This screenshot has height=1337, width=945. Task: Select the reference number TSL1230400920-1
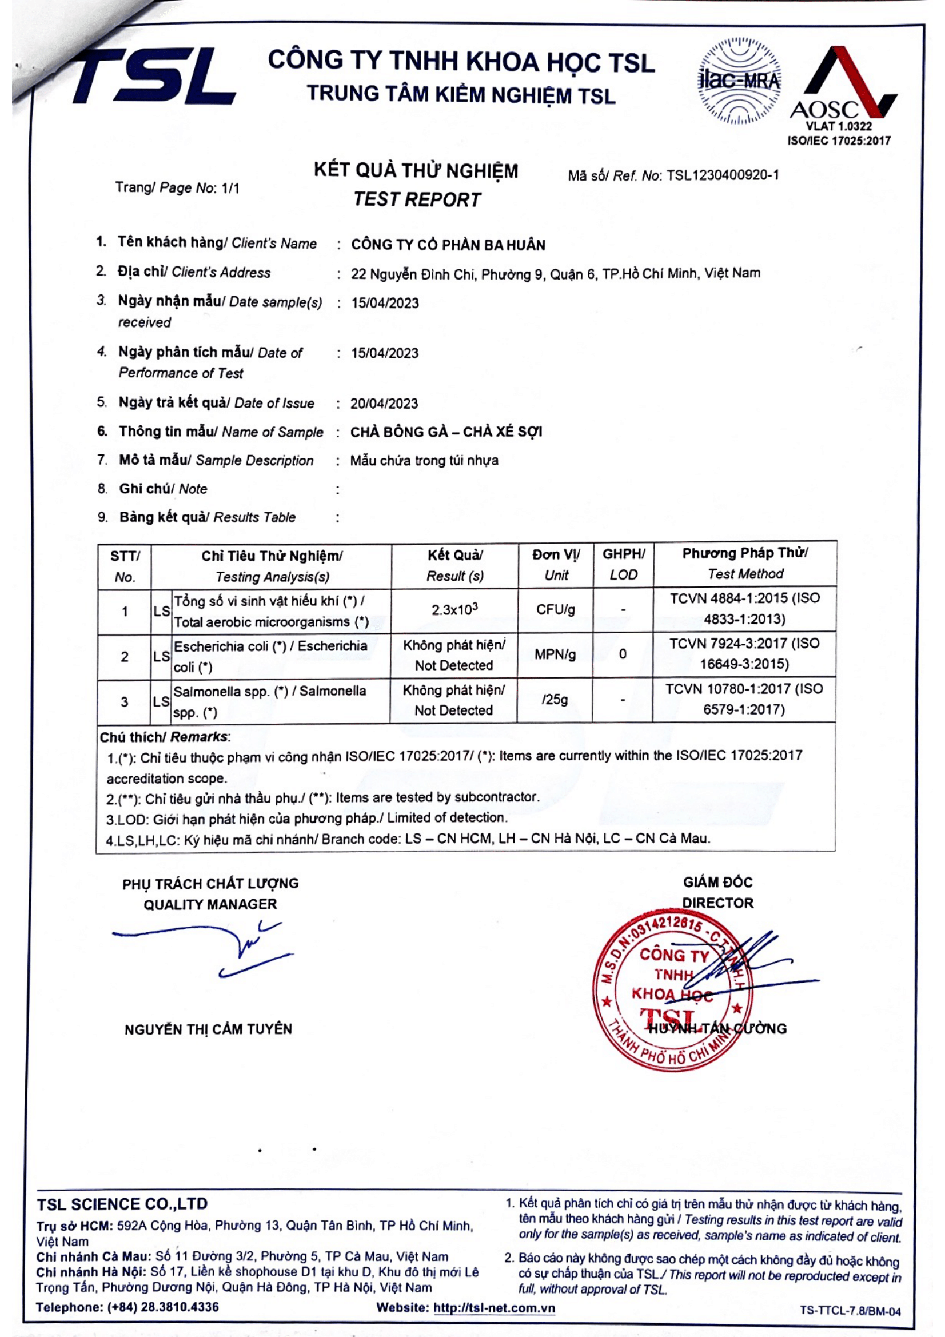point(722,175)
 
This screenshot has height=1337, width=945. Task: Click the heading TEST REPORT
point(416,199)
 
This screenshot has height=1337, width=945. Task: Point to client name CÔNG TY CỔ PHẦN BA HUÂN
point(448,245)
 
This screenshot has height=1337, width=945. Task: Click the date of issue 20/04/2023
point(384,404)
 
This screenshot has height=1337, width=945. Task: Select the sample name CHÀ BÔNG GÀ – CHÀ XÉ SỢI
point(446,432)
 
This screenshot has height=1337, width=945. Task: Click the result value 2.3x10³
point(454,610)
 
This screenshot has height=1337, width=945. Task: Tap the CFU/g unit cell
point(555,610)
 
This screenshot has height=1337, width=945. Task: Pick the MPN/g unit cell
point(555,654)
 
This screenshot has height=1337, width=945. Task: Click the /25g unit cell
point(555,699)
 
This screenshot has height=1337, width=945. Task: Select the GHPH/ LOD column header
point(623,564)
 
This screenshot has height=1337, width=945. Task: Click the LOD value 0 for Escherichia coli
point(623,654)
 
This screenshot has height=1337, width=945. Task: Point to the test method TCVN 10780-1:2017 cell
point(744,699)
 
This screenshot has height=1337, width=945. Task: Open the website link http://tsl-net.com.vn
point(494,1308)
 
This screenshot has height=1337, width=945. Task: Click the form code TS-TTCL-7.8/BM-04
point(850,1311)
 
